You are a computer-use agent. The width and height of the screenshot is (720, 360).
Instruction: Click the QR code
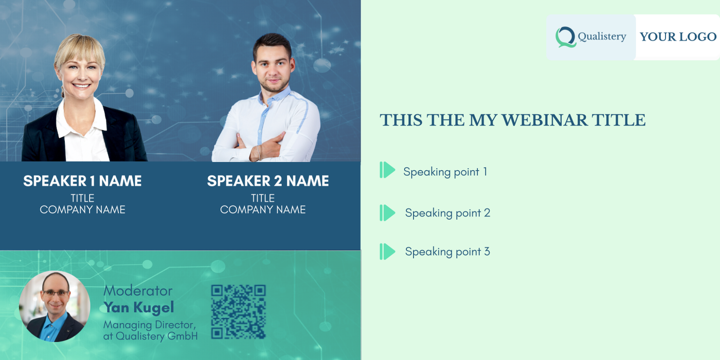(x=238, y=312)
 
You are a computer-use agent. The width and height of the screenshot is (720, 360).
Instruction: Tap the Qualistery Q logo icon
(x=566, y=37)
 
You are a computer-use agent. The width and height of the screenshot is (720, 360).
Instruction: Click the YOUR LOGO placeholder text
(x=678, y=37)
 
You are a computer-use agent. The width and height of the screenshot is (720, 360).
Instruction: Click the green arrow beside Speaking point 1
(x=387, y=170)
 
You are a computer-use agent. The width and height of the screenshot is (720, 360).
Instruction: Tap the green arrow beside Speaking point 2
(x=387, y=213)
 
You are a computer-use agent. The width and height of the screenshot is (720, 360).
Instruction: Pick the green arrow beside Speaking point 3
(x=387, y=251)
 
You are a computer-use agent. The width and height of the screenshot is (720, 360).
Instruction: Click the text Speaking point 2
(x=447, y=213)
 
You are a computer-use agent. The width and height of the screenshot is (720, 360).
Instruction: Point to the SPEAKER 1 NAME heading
(x=82, y=181)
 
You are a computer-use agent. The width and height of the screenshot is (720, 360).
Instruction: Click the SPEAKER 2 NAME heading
(x=268, y=181)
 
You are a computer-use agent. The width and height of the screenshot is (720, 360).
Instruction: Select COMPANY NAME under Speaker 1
(x=83, y=210)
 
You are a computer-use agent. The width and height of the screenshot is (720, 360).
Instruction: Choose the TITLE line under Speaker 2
(x=263, y=198)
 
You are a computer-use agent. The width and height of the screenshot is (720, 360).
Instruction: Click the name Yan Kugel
(x=139, y=308)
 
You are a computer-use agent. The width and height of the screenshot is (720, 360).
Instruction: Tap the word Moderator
(x=138, y=291)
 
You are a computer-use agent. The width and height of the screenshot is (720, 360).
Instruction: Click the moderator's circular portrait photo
(x=55, y=307)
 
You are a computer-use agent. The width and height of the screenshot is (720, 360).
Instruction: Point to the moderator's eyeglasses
(x=56, y=293)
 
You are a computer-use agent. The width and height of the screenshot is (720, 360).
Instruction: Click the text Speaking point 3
(x=447, y=251)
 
